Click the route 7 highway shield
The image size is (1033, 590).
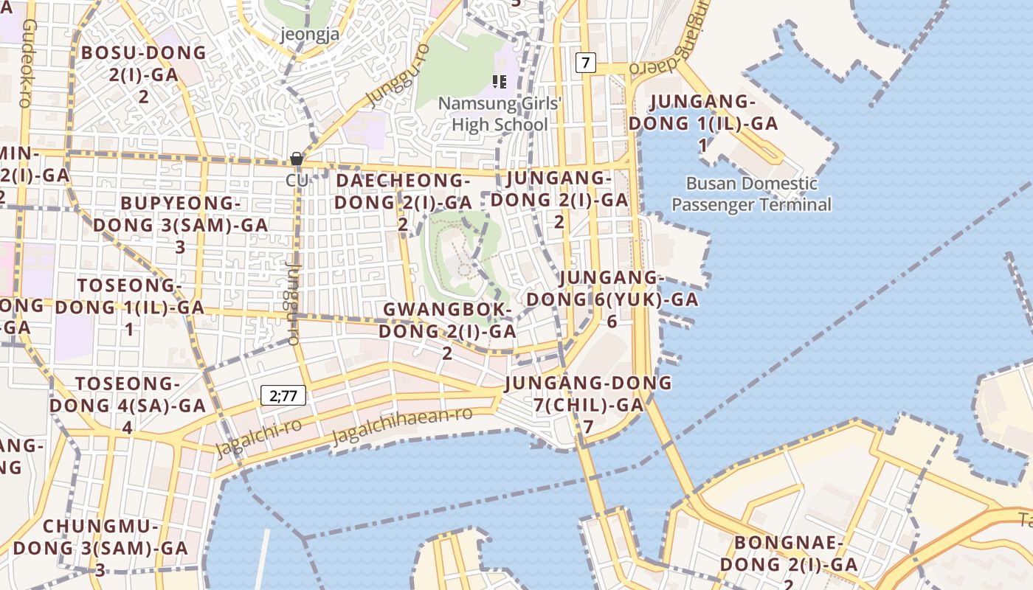(x=585, y=63)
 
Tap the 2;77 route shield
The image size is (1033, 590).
(x=283, y=395)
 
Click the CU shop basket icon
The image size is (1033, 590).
(x=297, y=159)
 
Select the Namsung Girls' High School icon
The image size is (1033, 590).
(x=500, y=81)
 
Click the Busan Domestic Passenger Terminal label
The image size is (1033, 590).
(x=751, y=194)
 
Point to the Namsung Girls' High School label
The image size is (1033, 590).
(x=500, y=114)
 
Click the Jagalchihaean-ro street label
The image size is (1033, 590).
(x=401, y=425)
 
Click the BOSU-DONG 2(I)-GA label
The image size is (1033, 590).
(x=144, y=74)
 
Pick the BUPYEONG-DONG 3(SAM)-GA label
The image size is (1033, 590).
(x=181, y=224)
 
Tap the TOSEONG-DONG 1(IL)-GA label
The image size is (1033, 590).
(x=130, y=307)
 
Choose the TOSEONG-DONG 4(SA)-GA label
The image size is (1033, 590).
(x=128, y=405)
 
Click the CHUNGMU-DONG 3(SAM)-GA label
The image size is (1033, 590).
(x=101, y=548)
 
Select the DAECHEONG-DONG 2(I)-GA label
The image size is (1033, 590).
(x=403, y=201)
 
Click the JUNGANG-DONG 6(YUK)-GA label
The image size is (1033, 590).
(x=612, y=299)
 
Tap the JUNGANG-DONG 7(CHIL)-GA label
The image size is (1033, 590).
(x=588, y=404)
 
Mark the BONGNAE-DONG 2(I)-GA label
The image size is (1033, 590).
(x=788, y=564)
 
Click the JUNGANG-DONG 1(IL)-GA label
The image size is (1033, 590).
(x=703, y=123)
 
